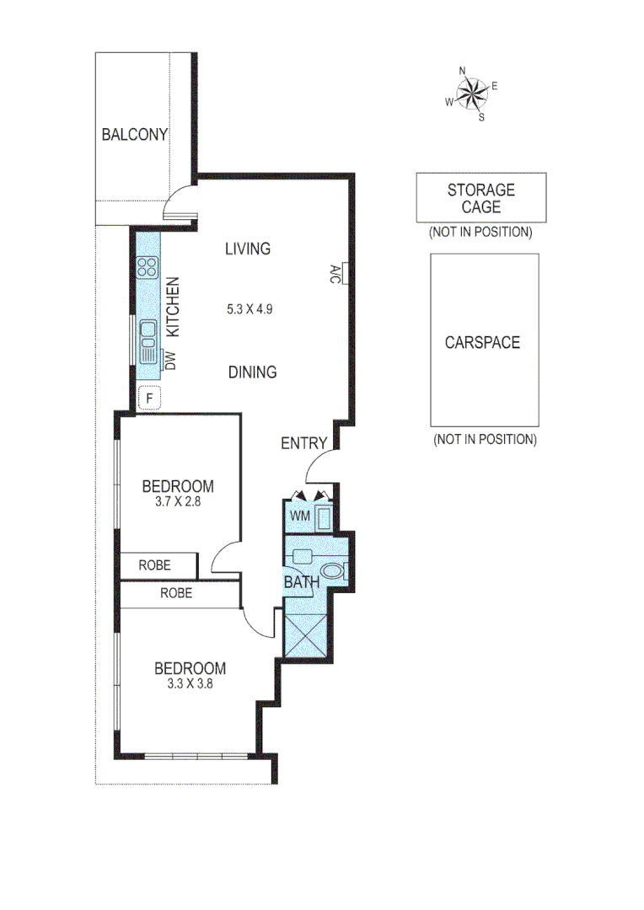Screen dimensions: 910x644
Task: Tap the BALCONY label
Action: (135, 134)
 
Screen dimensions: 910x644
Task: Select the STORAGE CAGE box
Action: (480, 198)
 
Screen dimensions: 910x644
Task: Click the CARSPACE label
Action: (483, 343)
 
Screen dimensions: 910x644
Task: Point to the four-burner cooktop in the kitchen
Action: (148, 267)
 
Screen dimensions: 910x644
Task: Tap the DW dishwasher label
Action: (169, 361)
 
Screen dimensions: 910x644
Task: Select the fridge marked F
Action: (149, 397)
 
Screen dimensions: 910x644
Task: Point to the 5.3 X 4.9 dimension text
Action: (250, 309)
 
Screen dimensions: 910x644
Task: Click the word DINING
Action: (253, 372)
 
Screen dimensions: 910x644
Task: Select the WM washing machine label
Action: (299, 515)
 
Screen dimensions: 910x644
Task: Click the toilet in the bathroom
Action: (335, 571)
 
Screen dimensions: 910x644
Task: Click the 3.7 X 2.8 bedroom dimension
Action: (178, 500)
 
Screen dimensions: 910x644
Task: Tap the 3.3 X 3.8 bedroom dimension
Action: (190, 684)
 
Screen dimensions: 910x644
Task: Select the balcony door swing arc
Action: (180, 203)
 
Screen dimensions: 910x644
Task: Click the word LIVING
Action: (248, 249)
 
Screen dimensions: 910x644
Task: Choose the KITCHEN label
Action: (171, 308)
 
